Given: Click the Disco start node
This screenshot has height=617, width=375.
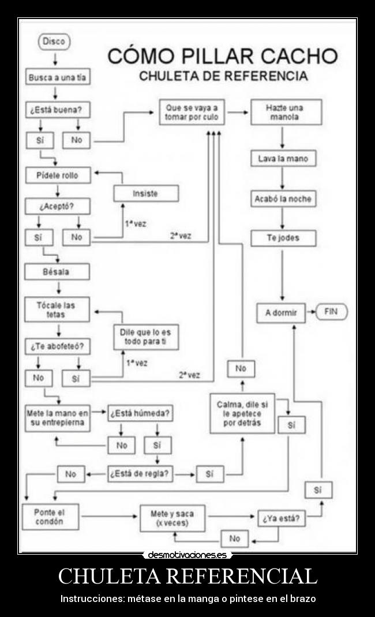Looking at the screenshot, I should point(54,42).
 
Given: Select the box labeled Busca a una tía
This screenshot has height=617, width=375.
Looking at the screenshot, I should point(58,77).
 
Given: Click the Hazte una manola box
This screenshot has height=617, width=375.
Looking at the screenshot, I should point(286,112).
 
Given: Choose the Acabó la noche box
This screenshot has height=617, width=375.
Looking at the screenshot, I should point(283,199).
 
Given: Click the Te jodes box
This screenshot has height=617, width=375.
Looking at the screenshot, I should point(283,238).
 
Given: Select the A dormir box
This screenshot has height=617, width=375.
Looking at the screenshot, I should point(280,313).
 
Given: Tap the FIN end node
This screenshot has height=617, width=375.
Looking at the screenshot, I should point(331,312).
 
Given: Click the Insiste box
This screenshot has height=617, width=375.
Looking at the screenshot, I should point(145,193).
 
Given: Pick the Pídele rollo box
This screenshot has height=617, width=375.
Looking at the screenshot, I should point(58,175).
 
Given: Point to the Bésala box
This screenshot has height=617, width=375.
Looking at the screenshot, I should point(57,271).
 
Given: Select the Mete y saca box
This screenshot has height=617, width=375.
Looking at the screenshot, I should point(172,518).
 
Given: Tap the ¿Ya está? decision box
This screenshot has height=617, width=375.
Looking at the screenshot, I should point(282,518).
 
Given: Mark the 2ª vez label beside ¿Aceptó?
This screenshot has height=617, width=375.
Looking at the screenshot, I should point(181,235).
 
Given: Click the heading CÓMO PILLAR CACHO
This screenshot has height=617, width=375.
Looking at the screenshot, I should point(223,56).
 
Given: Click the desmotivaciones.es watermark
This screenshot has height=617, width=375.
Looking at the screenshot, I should point(187,555).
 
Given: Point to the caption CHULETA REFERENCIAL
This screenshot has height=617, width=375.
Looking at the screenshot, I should point(187,576).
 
